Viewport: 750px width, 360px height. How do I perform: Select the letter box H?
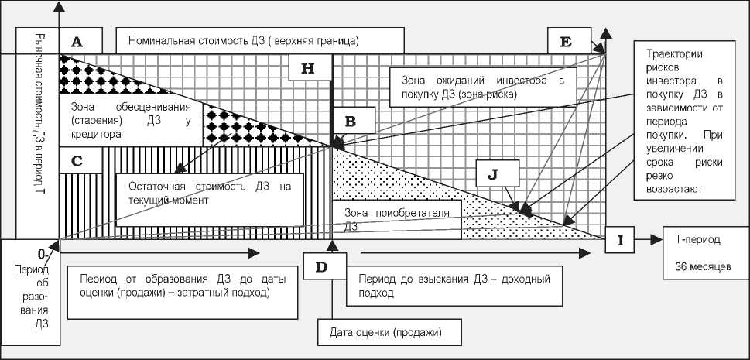[307, 68]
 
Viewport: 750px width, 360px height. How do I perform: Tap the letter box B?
[350, 122]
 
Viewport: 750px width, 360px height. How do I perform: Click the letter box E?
[566, 42]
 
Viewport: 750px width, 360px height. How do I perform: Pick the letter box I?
[620, 241]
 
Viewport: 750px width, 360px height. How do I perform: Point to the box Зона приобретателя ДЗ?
[396, 218]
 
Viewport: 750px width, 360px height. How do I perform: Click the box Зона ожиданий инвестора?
[483, 86]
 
